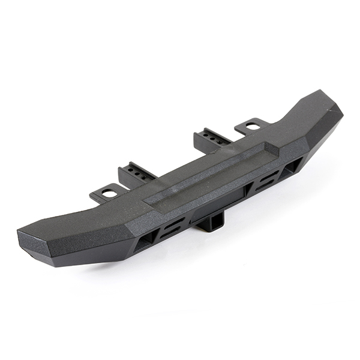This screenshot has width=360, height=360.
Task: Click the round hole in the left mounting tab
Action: click(109, 193)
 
